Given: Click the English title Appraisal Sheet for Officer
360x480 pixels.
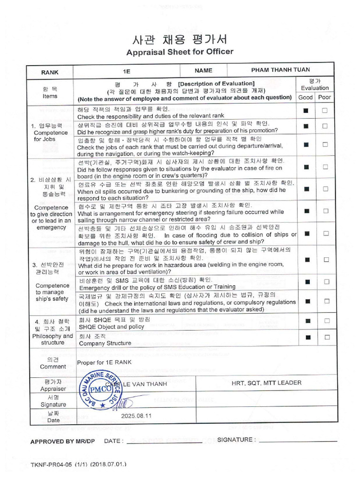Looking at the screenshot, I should click(180, 52).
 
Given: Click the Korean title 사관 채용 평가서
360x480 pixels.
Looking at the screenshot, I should click(180, 38).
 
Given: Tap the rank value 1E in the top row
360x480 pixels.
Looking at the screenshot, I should click(126, 71).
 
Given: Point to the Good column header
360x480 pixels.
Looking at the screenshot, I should click(306, 97).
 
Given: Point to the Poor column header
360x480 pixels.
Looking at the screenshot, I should click(324, 97).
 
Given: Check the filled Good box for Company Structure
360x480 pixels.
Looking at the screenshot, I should click(306, 337).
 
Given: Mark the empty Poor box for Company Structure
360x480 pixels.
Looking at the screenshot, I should click(324, 337).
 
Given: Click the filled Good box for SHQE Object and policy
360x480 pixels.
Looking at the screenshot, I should click(306, 321).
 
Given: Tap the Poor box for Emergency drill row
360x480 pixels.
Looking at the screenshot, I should click(324, 282).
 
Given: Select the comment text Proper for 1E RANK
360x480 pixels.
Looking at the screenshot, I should click(104, 362).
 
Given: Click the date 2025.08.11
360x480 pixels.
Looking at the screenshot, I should click(136, 416).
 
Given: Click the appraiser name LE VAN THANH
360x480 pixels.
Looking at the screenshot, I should click(140, 384).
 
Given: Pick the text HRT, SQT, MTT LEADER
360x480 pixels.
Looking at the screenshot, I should click(266, 383).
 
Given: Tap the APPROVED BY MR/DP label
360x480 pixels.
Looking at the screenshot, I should click(62, 441).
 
